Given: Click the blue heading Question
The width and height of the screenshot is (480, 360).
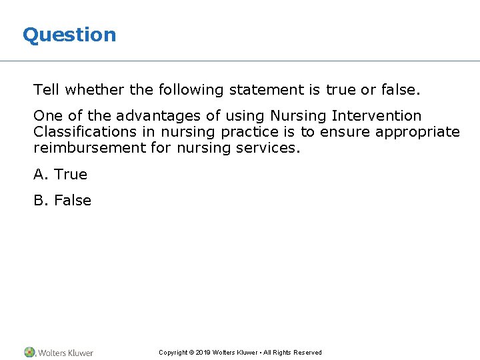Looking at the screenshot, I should coord(69,35).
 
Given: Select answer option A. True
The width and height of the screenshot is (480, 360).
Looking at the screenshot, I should coord(61,175).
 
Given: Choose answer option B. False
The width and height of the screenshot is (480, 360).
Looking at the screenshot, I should coord(63,201).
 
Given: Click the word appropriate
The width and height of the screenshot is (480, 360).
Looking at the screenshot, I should coord(417,132).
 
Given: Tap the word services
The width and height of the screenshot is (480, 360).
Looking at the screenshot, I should coord(268,148).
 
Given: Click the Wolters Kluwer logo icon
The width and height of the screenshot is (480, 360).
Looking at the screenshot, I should coord(29,352).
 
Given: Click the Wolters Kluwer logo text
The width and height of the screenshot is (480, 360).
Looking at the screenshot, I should coord(65,353).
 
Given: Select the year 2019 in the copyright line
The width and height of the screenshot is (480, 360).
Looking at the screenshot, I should coord(203,353).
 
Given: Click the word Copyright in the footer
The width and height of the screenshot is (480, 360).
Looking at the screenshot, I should coord(173,353).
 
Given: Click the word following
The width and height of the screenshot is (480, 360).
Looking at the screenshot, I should coord(193,89).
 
